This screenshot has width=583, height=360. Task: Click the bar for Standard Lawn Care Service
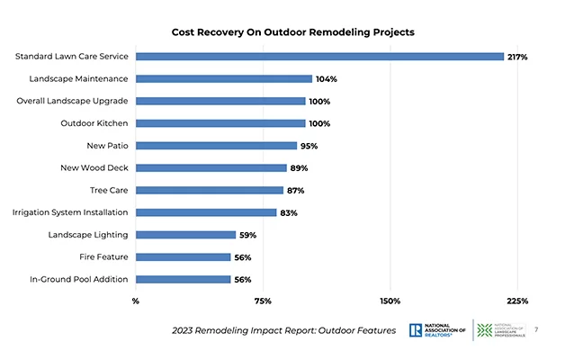pyautogui.click(x=319, y=57)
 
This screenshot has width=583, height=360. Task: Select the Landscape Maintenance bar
pyautogui.click(x=224, y=79)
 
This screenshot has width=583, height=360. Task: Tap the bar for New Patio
pyautogui.click(x=216, y=146)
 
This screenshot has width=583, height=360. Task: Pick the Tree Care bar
pyautogui.click(x=210, y=190)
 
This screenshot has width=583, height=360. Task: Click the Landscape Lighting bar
pyautogui.click(x=185, y=235)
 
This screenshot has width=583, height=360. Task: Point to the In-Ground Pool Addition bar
pyautogui.click(x=183, y=279)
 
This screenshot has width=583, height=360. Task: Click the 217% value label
pyautogui.click(x=516, y=57)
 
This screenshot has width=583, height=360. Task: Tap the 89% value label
pyautogui.click(x=299, y=168)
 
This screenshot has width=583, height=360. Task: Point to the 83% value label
pyautogui.click(x=288, y=212)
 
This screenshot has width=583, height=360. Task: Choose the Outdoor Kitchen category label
pyautogui.click(x=94, y=123)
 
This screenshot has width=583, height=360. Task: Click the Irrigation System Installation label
pyautogui.click(x=70, y=212)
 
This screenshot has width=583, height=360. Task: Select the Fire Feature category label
pyautogui.click(x=103, y=256)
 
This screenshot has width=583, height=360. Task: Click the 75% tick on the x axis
pyautogui.click(x=263, y=301)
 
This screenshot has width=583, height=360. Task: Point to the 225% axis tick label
pyautogui.click(x=517, y=301)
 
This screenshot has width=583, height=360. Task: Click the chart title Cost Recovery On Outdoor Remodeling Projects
pyautogui.click(x=292, y=31)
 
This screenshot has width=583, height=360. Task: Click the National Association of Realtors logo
pyautogui.click(x=437, y=330)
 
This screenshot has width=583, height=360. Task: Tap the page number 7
pyautogui.click(x=537, y=329)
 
